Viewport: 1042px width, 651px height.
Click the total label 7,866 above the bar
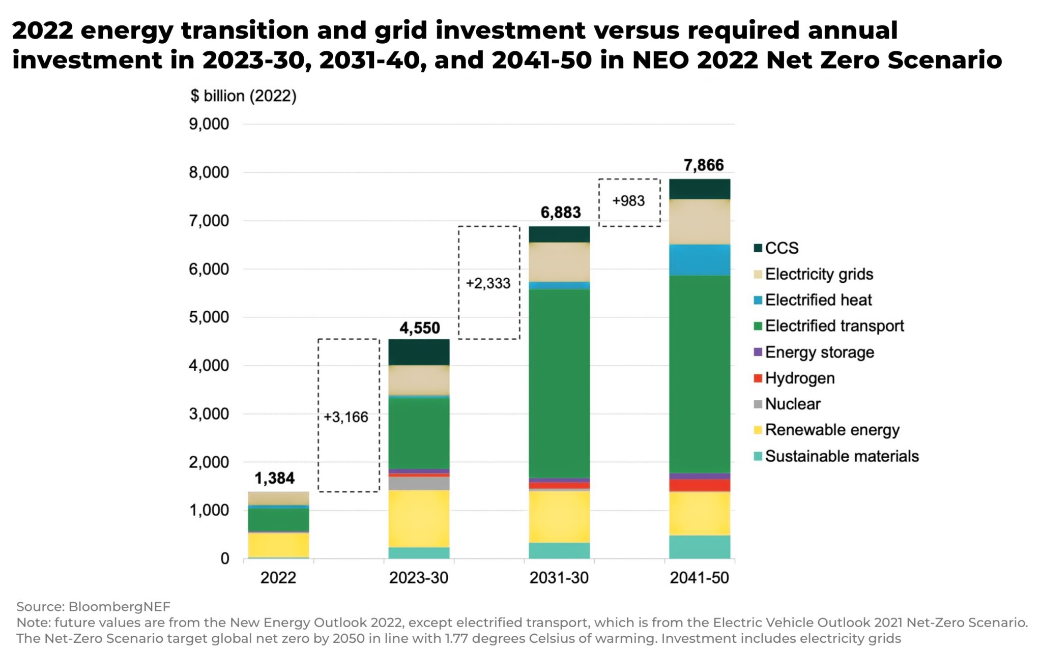703,165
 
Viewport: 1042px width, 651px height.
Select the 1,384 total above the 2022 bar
274,478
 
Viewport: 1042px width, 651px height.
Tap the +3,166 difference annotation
346,417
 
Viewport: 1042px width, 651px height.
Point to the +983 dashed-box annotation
628,201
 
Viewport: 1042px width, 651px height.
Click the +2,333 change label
488,283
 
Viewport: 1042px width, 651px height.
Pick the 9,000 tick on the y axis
209,124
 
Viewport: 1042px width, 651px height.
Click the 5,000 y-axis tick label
209,317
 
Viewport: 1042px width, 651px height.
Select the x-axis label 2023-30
418,578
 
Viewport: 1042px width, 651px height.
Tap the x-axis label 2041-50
699,578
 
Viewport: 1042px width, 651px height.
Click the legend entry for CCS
781,248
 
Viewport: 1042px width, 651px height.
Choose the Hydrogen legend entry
799,378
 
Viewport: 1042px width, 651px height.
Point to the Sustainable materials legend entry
842,456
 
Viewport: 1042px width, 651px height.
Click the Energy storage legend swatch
758,352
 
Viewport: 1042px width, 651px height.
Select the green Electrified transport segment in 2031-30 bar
559,384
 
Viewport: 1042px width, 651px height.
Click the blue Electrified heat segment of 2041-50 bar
700,260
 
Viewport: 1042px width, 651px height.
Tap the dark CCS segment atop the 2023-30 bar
419,352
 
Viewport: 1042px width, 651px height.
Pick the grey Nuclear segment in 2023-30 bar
419,483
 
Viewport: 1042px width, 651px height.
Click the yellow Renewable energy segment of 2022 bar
278,545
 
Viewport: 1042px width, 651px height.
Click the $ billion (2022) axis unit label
243,96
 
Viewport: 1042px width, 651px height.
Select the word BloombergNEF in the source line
119,607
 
